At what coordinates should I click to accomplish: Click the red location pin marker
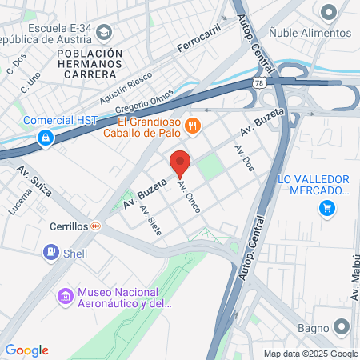[x=180, y=162]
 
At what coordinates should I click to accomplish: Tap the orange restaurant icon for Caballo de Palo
[x=192, y=126]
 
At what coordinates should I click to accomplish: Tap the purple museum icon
[x=66, y=297]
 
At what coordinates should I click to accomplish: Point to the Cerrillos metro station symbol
[x=96, y=226]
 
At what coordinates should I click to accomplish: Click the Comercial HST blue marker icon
[x=47, y=138]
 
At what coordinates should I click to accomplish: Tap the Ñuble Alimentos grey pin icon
[x=327, y=12]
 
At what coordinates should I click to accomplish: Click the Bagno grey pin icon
[x=342, y=326]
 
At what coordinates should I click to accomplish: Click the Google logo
[x=26, y=350]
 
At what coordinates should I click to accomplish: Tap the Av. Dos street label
[x=243, y=159]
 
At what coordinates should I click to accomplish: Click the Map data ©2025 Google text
[x=311, y=354]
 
